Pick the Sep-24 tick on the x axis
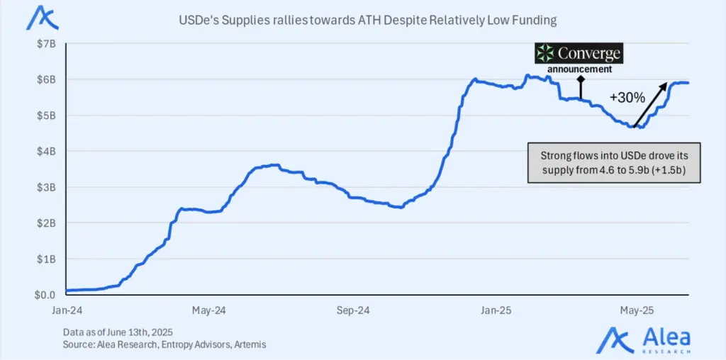pyautogui.click(x=352, y=310)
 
